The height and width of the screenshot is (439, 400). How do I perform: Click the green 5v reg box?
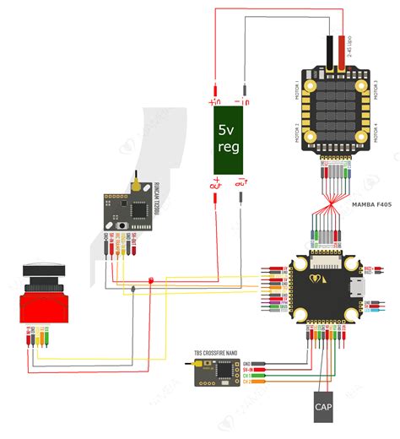tap(228, 138)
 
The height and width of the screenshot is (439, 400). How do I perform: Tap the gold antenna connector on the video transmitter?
tap(135, 181)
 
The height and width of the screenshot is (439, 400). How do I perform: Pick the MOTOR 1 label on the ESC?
tap(298, 89)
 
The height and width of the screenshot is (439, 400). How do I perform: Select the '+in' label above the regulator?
tap(214, 100)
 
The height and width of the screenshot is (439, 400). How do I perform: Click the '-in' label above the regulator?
tap(243, 100)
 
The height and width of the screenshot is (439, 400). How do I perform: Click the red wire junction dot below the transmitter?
tap(150, 280)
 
